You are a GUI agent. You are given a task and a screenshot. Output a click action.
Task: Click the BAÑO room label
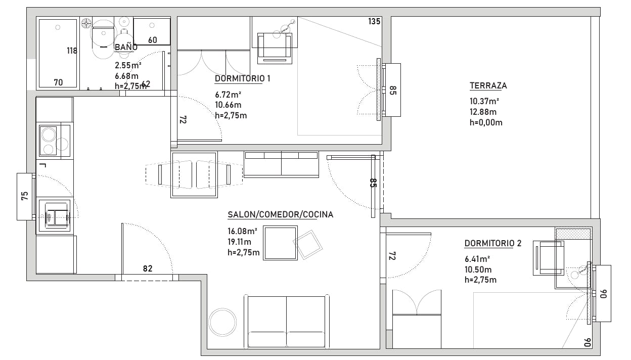pyautogui.click(x=126, y=47)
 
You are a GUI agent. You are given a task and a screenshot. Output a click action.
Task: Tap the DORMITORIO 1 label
pyautogui.click(x=243, y=78)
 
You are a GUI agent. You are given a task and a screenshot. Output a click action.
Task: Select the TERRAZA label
pyautogui.click(x=488, y=85)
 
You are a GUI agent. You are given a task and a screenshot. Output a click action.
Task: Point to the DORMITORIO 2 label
pyautogui.click(x=493, y=243)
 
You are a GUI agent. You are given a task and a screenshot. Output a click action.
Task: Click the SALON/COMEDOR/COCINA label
pyautogui.click(x=280, y=215)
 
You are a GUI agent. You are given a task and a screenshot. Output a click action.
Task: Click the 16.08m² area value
pyautogui.click(x=242, y=231)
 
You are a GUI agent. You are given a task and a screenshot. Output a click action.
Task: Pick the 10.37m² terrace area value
pyautogui.click(x=484, y=101)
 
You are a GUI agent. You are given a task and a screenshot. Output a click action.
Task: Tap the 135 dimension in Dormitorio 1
pyautogui.click(x=374, y=21)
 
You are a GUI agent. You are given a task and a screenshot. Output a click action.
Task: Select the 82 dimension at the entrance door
pyautogui.click(x=148, y=268)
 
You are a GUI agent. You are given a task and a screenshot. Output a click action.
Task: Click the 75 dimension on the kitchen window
pyautogui.click(x=25, y=196)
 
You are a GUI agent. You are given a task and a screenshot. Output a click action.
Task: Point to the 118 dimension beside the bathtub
pyautogui.click(x=72, y=51)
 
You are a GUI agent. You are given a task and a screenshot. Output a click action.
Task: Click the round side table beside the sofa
pyautogui.click(x=222, y=322)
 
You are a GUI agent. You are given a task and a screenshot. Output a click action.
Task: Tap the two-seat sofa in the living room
pyautogui.click(x=287, y=321)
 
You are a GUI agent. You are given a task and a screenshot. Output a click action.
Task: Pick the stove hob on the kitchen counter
pyautogui.click(x=55, y=141)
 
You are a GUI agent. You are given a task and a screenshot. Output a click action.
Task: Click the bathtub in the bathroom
pyautogui.click(x=58, y=53)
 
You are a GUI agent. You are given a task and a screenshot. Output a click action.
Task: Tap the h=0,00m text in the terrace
pyautogui.click(x=486, y=122)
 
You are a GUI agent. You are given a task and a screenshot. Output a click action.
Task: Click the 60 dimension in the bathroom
pyautogui.click(x=152, y=40)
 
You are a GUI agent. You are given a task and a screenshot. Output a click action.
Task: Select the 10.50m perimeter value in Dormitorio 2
pyautogui.click(x=478, y=269)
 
